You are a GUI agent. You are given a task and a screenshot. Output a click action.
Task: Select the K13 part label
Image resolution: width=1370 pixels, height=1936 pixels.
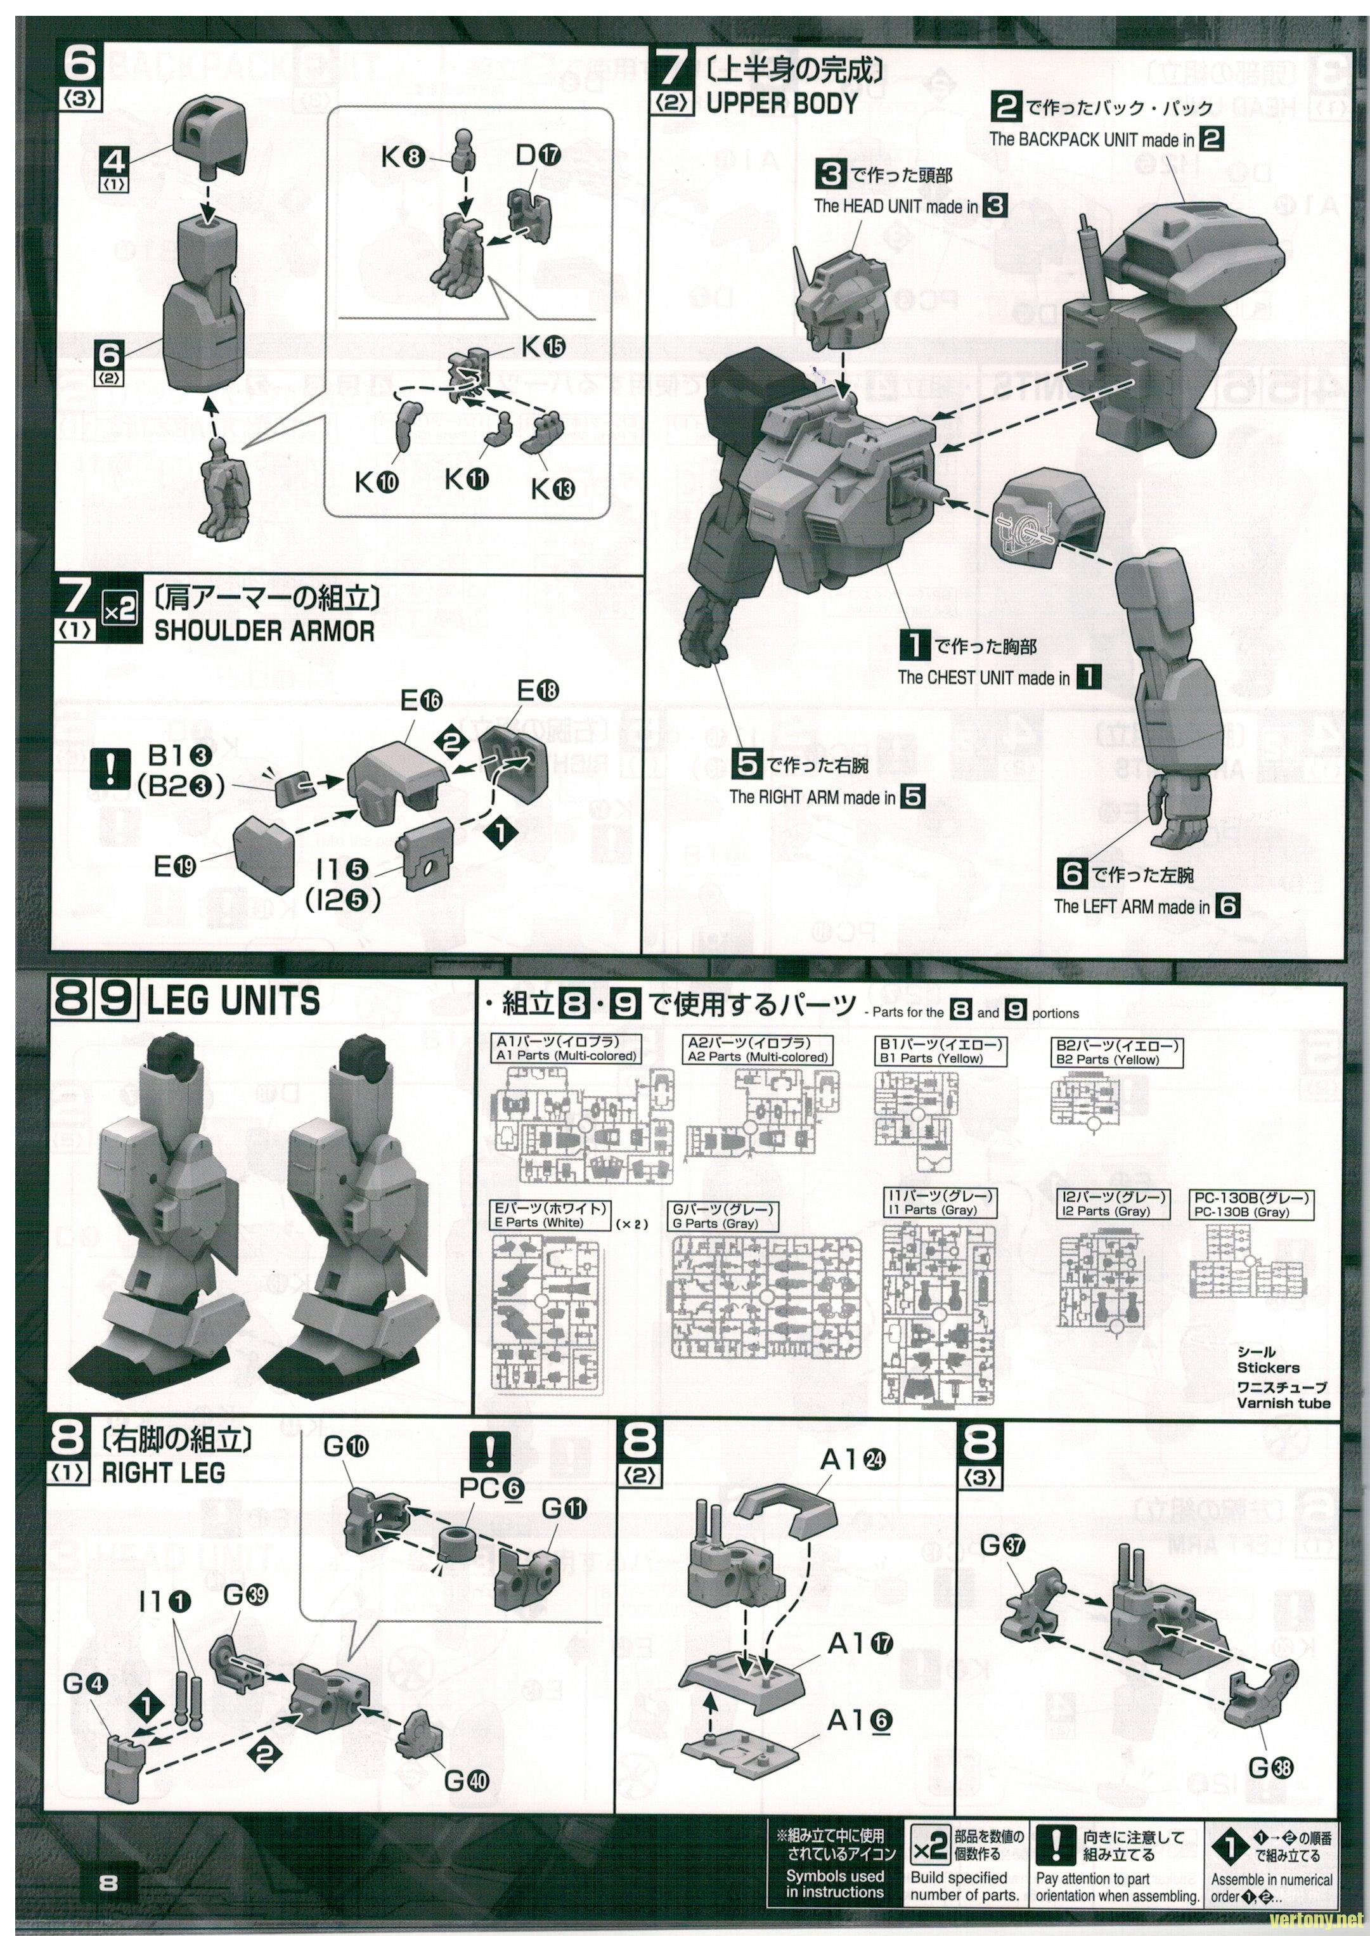pyautogui.click(x=553, y=488)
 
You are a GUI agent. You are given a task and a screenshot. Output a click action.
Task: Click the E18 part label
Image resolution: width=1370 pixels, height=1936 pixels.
pyautogui.click(x=538, y=691)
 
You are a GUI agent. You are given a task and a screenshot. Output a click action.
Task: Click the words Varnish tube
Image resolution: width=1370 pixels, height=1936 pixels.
pyautogui.click(x=1283, y=1403)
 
